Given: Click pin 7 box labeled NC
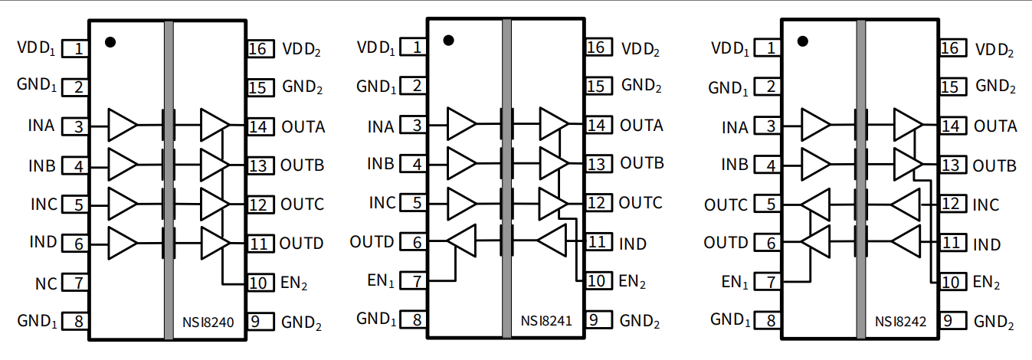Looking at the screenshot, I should coord(78,283).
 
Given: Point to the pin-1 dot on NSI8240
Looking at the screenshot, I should coord(110,42).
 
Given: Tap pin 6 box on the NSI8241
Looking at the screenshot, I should coord(416,242).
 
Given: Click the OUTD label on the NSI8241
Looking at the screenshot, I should coord(372,242).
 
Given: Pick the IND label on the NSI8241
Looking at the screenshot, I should coord(633,244).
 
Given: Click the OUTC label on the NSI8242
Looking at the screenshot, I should coord(726,205).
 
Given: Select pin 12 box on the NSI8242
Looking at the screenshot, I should coord(951,205).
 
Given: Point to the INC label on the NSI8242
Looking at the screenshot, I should coord(986,205).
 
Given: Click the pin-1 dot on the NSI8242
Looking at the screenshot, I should coord(803,41).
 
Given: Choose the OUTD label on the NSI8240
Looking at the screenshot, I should coord(301,244).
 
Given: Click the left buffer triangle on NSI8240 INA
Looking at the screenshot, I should coord(122,125).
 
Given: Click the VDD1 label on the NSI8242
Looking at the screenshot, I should coord(728,49).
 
